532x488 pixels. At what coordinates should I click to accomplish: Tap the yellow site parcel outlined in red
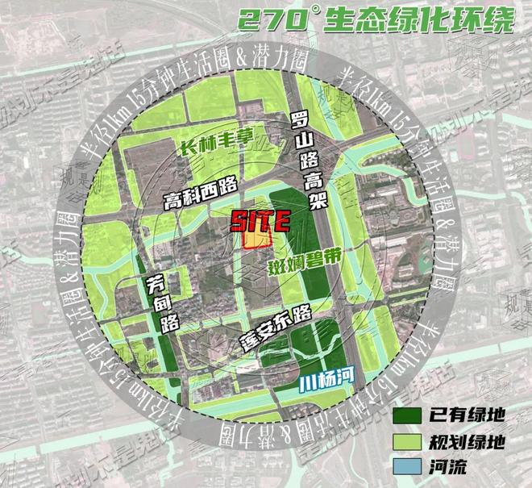(257, 239)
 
